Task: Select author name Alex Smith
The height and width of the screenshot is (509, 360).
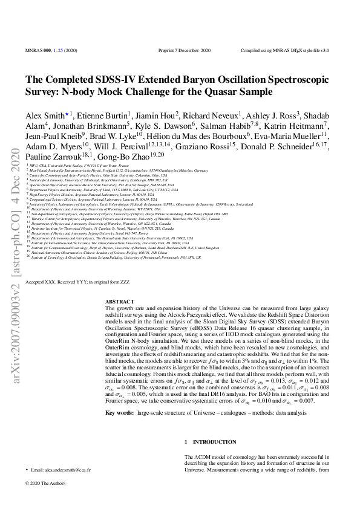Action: (40, 115)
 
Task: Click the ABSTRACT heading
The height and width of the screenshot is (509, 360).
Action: (116, 300)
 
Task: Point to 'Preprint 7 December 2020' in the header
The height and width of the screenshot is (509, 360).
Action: (179, 51)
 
